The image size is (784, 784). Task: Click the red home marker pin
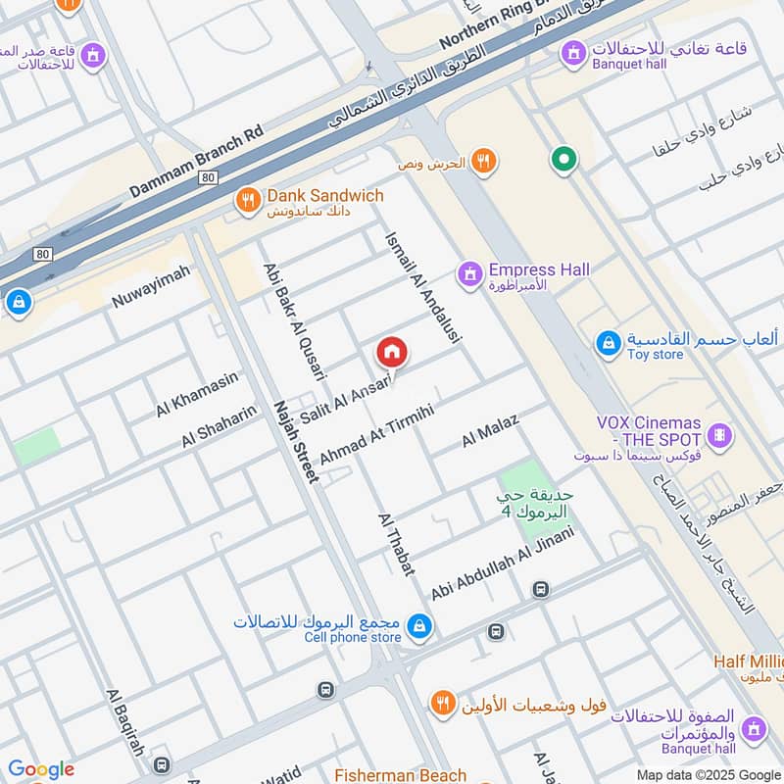392,352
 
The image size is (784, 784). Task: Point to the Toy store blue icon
608,344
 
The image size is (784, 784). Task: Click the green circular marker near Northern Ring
563,158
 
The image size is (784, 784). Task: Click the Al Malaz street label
490,431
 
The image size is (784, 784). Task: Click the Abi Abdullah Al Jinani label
501,564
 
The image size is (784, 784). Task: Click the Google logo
41,769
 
